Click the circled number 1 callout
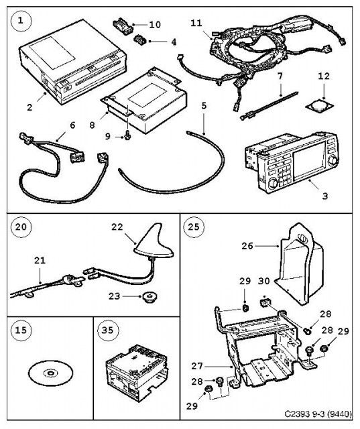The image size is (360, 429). [x=21, y=21]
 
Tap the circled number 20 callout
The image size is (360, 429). [x=21, y=227]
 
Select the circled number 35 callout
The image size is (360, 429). [x=108, y=330]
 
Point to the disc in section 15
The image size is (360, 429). [x=50, y=373]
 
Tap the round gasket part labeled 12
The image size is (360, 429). [x=319, y=105]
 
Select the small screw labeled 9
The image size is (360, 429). [x=127, y=136]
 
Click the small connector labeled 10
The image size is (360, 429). [x=123, y=27]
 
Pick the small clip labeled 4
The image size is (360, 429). [x=141, y=40]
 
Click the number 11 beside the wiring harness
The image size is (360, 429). [x=196, y=23]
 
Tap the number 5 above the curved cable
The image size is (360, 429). [x=204, y=106]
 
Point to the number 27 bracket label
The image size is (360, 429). [x=197, y=366]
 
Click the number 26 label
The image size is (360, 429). [x=247, y=246]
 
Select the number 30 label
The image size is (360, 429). [x=264, y=281]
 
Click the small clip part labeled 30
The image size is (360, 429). [x=264, y=303]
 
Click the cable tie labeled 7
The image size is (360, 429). [x=269, y=106]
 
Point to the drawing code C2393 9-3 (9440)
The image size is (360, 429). [x=318, y=414]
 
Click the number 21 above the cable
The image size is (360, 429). [x=40, y=260]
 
